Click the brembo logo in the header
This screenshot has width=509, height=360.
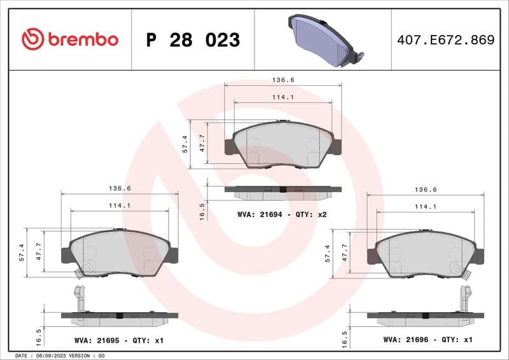click(70, 39)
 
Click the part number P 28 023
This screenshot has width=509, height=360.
click(193, 40)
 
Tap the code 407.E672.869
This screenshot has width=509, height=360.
click(445, 40)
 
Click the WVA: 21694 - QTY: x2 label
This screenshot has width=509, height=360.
click(281, 214)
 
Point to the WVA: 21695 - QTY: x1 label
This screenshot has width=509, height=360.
click(118, 340)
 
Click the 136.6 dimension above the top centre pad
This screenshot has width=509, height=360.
click(283, 80)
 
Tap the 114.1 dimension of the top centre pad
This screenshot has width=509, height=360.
click(283, 97)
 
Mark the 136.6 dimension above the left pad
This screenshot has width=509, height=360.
click(120, 188)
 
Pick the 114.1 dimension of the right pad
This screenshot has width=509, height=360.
click(426, 206)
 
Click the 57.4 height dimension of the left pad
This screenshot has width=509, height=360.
click(22, 253)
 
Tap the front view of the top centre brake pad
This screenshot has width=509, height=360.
click(283, 145)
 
